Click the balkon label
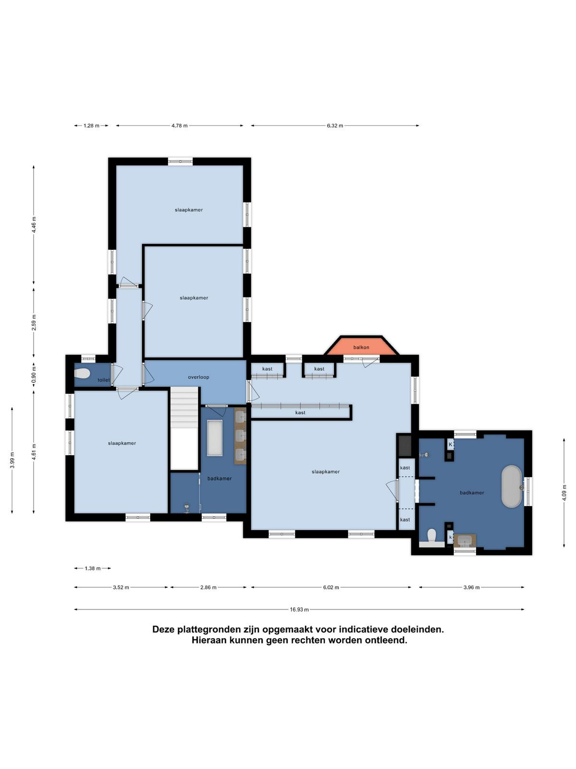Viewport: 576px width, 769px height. tap(361, 347)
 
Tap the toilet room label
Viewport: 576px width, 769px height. tap(104, 380)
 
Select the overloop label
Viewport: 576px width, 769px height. tap(198, 377)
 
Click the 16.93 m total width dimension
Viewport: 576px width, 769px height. tap(299, 609)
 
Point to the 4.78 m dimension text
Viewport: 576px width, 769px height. tap(180, 125)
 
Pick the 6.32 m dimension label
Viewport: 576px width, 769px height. tap(335, 125)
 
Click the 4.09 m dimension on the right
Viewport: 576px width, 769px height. tap(564, 493)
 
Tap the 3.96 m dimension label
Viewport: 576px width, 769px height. tap(471, 587)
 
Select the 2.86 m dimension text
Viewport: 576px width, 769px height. tap(208, 587)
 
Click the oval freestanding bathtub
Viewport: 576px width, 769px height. tap(512, 486)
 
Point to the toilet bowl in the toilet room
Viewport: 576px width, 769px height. tap(82, 373)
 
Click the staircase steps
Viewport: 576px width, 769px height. tap(184, 407)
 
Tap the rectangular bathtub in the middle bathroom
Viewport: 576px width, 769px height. tap(215, 437)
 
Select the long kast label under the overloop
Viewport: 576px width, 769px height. tap(300, 413)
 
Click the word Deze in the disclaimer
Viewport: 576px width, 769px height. tap(164, 629)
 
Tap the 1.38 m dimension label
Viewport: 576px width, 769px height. tap(93, 568)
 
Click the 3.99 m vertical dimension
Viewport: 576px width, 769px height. tap(12, 460)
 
